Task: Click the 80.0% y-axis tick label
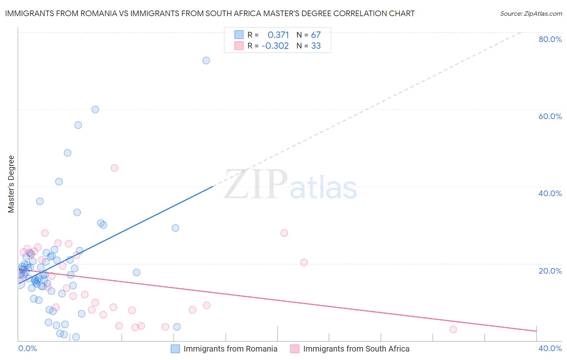[550, 39]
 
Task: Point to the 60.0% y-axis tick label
[550, 116]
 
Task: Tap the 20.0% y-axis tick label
[550, 271]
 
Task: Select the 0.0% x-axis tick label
[27, 348]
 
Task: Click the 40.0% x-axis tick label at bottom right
[550, 348]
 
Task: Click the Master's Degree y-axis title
[11, 184]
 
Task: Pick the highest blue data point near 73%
[206, 61]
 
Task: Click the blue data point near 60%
[95, 109]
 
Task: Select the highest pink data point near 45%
[115, 168]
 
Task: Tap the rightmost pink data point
[453, 329]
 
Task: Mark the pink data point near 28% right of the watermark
[284, 233]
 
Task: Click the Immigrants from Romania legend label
[230, 349]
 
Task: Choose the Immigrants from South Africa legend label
[356, 349]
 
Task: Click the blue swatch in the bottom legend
[175, 349]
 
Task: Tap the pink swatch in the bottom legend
[295, 349]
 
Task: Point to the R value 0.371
[278, 35]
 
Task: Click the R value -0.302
[275, 46]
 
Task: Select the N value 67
[316, 35]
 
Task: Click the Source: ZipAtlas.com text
[531, 14]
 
